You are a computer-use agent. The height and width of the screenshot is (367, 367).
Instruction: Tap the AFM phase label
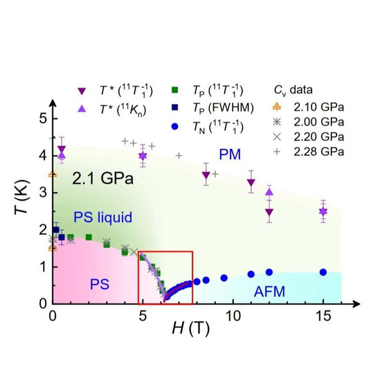[269, 291]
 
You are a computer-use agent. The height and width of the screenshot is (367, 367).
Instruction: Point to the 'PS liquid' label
[103, 217]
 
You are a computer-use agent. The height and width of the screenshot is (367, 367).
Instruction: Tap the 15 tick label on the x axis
[323, 315]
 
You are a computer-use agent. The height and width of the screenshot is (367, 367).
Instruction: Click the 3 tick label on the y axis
[42, 193]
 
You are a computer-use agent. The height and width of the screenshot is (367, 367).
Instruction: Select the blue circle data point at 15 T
[323, 272]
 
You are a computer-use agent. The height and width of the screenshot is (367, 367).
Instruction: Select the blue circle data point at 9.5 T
[224, 278]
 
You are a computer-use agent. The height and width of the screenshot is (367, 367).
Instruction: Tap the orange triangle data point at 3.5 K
[53, 174]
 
